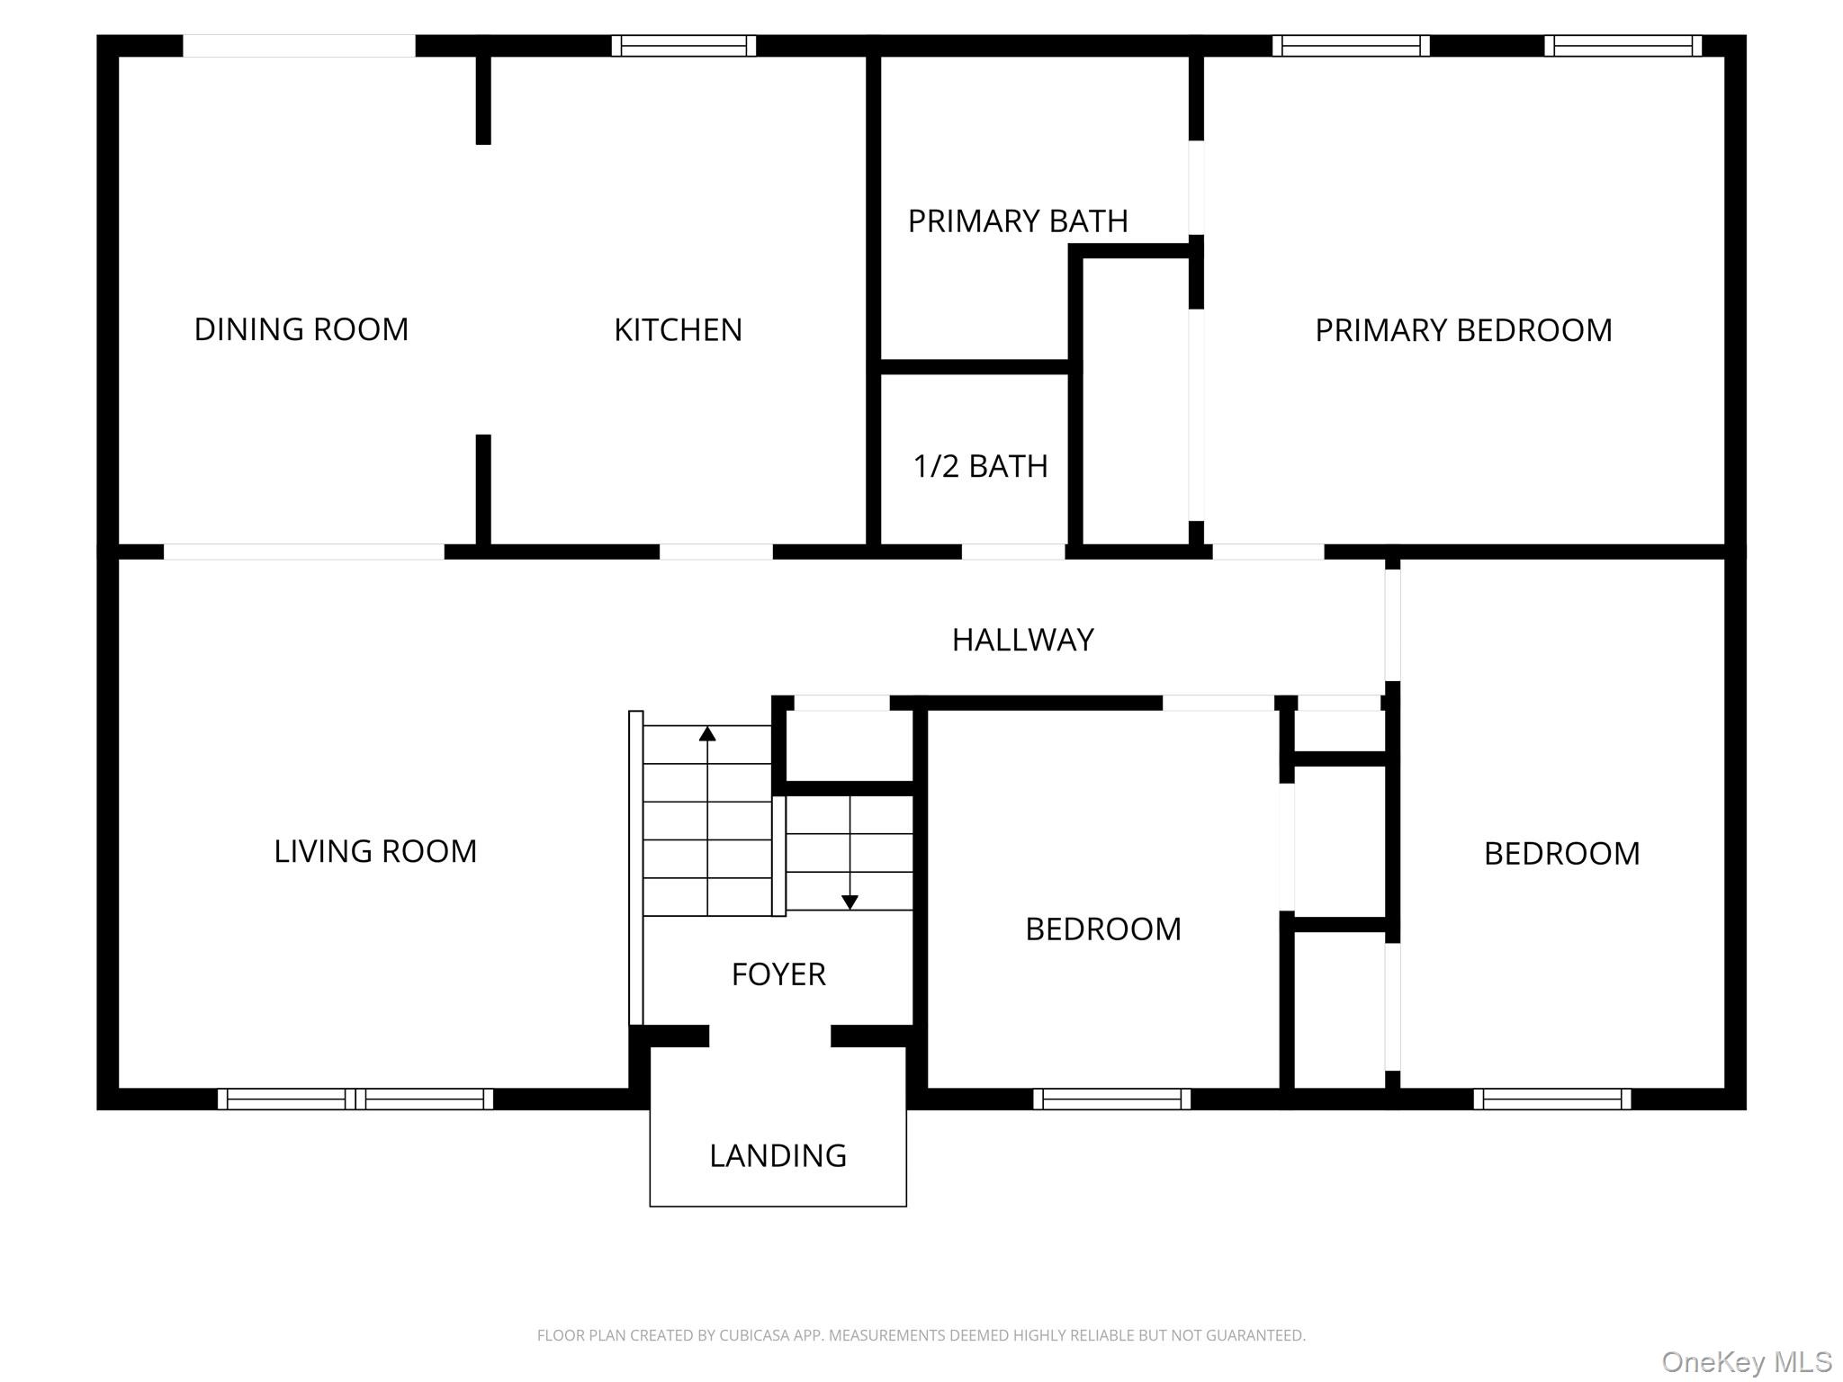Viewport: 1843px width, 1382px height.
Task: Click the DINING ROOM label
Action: tap(301, 329)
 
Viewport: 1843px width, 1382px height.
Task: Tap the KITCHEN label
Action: tap(678, 330)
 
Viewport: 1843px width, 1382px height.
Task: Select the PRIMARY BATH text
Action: tap(1018, 221)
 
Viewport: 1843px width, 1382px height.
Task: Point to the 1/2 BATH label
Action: tap(980, 466)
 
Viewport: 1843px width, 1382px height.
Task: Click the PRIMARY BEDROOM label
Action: tap(1463, 330)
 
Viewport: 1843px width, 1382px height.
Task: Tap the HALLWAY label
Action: tap(1023, 640)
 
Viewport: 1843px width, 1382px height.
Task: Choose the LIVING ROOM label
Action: tap(375, 851)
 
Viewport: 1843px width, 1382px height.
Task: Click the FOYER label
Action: tap(778, 974)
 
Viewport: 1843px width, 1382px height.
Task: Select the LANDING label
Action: tap(778, 1155)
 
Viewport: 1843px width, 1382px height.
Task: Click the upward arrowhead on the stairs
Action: tap(707, 733)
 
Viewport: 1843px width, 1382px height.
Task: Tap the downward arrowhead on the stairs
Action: tap(850, 902)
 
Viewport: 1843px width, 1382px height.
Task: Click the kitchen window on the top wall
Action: tap(684, 46)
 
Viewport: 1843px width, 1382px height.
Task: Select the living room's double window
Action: tap(355, 1099)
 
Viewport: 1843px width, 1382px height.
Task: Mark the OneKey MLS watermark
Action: tap(1747, 1362)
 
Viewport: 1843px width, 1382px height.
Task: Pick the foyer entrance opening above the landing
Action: tap(769, 1036)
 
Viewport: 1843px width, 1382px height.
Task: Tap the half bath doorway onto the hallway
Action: tap(1013, 552)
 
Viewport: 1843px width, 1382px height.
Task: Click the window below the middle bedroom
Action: tap(1111, 1099)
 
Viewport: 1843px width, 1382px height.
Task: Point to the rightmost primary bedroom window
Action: tap(1623, 46)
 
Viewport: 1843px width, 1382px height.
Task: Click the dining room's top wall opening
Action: tap(299, 46)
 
